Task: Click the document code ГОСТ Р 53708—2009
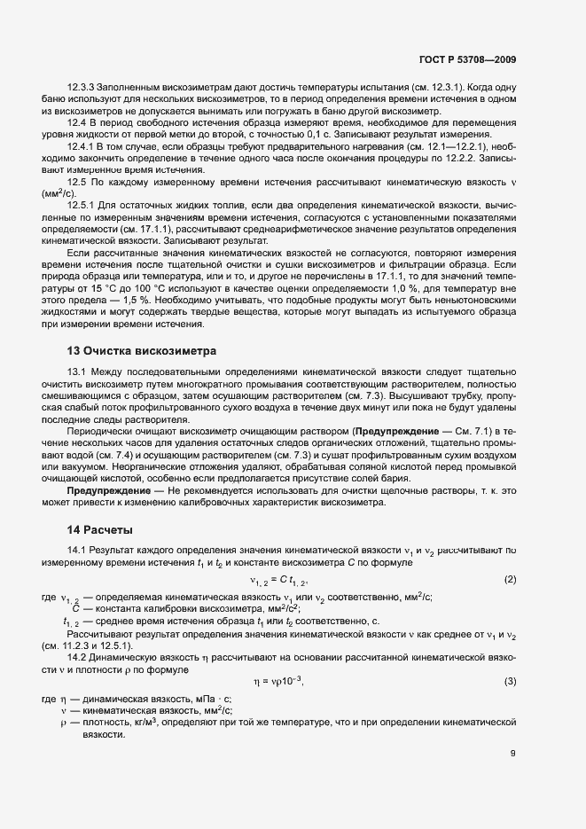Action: click(x=468, y=59)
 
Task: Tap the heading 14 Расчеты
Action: click(x=99, y=530)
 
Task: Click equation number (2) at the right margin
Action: click(x=510, y=580)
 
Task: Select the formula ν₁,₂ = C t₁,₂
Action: click(x=279, y=581)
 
